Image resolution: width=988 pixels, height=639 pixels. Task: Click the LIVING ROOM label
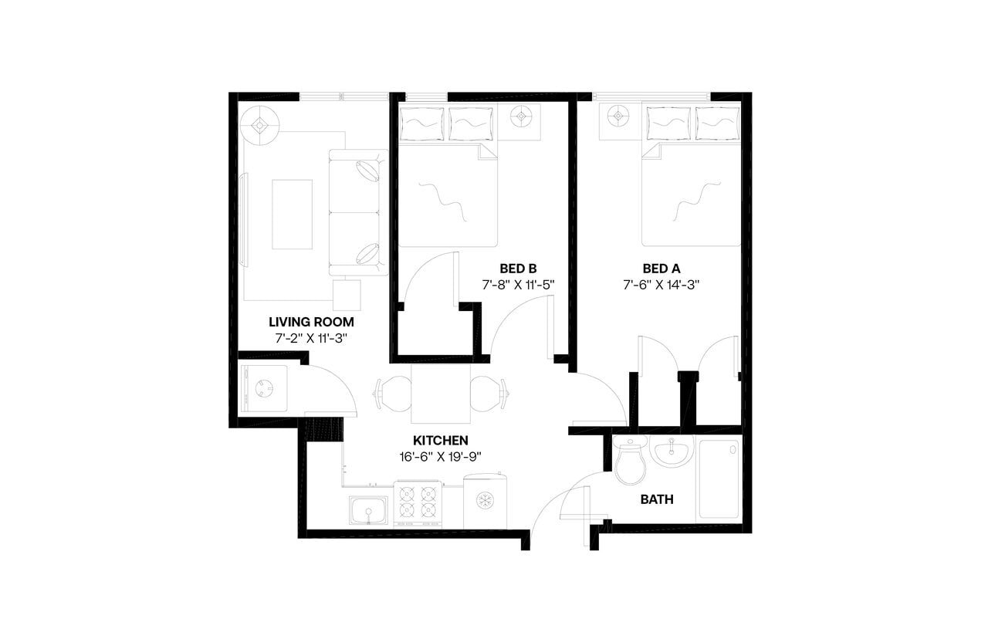point(311,322)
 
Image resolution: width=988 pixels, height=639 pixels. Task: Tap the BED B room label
point(518,269)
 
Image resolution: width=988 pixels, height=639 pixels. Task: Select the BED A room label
point(661,269)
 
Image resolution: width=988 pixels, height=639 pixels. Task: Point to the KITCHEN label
point(440,440)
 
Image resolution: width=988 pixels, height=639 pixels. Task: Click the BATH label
point(657,499)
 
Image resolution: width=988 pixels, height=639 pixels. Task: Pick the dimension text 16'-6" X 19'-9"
point(440,455)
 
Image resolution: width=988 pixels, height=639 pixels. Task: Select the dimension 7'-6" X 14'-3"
point(661,284)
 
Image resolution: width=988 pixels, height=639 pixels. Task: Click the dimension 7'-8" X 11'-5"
point(518,284)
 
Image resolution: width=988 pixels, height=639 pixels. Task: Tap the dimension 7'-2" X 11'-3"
point(311,338)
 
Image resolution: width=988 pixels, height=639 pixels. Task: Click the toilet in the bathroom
point(630,462)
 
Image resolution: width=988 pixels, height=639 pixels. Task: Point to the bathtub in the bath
point(719,478)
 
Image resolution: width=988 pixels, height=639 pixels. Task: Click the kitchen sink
point(368,509)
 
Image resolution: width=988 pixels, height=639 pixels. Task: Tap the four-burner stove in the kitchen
point(418,503)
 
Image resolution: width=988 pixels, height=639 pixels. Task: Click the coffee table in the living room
point(292,214)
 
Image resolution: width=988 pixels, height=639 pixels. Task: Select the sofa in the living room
point(357,212)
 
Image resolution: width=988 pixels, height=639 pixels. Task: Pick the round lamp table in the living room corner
point(260,125)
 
